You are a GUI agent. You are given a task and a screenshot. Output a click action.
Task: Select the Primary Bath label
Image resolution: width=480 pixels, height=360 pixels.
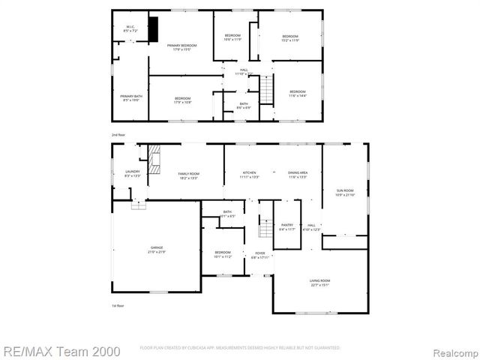point(131,97)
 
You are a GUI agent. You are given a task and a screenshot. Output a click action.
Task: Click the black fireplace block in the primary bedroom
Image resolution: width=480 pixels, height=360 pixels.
point(154,29)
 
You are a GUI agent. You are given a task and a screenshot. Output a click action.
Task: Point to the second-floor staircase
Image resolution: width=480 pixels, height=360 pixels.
point(265,92)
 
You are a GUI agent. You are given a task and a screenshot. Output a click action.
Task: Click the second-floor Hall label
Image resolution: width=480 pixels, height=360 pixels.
point(244,71)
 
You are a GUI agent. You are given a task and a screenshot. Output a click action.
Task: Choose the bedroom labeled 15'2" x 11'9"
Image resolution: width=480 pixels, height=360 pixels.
point(290,38)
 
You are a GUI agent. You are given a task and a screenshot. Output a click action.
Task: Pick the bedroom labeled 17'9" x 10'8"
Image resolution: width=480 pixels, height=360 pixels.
point(183,100)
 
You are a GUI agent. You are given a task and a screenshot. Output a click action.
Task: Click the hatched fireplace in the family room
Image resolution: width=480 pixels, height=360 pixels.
point(154,160)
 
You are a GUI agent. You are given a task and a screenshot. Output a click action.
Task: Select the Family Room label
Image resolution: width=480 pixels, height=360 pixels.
point(187,175)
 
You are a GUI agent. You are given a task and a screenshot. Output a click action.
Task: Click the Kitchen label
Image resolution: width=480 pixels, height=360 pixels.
point(249,175)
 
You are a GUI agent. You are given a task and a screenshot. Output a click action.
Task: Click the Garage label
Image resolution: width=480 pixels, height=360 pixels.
point(156,249)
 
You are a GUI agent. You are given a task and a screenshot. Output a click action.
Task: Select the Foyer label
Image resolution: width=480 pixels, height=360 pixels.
point(259,255)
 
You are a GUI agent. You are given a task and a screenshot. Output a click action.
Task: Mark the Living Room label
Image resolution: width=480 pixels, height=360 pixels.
point(320,283)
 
